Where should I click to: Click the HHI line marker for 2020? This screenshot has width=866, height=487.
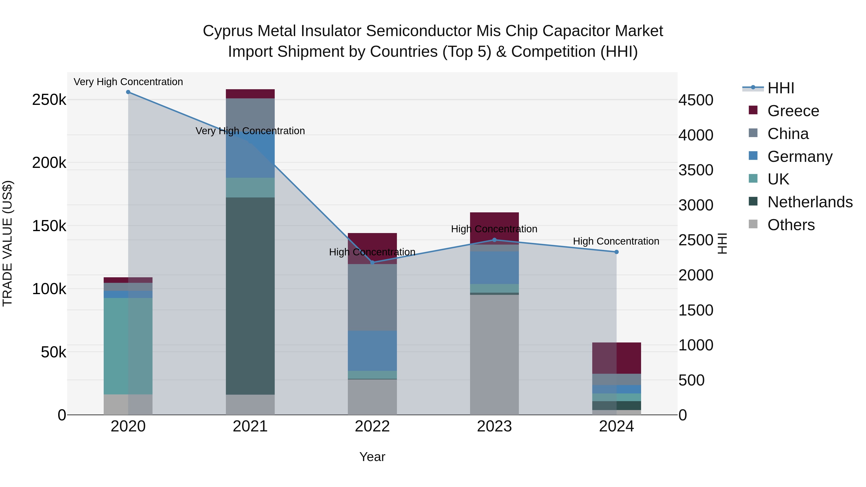(x=128, y=92)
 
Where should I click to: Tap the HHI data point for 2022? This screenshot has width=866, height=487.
(x=372, y=262)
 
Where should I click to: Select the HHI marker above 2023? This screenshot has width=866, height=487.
(x=494, y=240)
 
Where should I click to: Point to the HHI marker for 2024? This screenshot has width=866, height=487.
(x=616, y=252)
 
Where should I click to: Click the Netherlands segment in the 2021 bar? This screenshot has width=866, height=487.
(x=250, y=296)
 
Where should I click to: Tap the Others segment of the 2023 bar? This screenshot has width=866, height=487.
(x=494, y=354)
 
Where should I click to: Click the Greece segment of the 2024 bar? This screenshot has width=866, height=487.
(x=616, y=358)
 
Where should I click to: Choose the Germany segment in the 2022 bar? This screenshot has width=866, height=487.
(x=372, y=351)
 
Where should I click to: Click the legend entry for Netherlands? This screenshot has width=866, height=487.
(x=809, y=202)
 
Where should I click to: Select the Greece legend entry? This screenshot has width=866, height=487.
(x=793, y=111)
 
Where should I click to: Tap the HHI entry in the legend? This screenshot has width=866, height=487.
(x=781, y=88)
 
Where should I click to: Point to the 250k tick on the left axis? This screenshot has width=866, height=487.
(x=49, y=100)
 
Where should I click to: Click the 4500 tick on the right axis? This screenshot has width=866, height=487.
(x=695, y=100)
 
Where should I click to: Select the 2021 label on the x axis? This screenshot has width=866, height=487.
(x=250, y=426)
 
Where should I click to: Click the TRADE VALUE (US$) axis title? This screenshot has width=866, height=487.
(x=7, y=243)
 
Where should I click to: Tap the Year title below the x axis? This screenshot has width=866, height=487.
(x=372, y=457)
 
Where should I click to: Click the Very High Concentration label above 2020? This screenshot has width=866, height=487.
(x=128, y=82)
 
